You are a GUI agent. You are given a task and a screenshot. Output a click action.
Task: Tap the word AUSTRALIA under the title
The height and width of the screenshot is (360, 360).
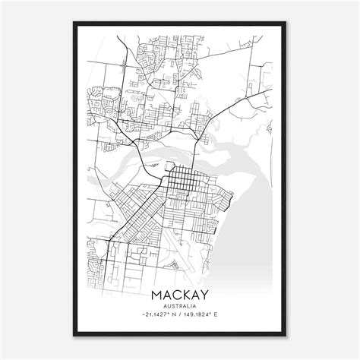click(x=179, y=307)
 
